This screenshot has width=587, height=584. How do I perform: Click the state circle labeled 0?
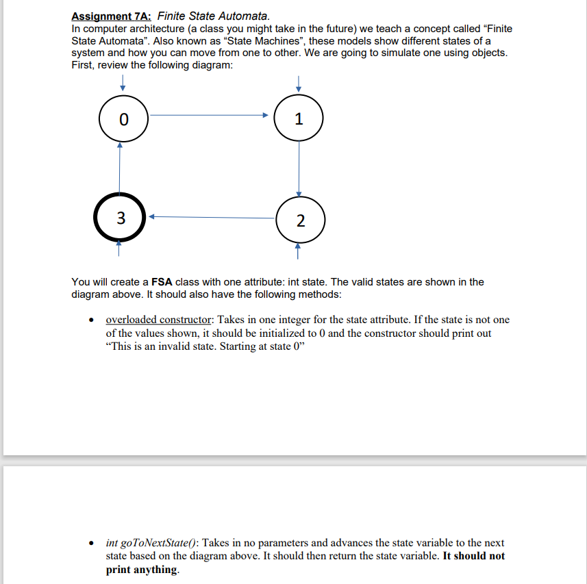click(123, 118)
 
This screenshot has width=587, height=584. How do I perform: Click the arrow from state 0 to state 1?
click(209, 116)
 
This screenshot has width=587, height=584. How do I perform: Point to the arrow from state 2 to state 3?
click(212, 218)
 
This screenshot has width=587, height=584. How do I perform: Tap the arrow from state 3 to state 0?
click(120, 168)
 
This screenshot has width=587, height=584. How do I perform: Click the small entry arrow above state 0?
click(122, 82)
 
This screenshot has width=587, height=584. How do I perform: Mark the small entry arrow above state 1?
click(298, 82)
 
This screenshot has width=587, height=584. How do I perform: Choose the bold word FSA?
click(162, 282)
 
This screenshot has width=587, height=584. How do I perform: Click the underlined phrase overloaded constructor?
click(158, 320)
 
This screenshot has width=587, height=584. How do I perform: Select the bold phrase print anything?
click(141, 570)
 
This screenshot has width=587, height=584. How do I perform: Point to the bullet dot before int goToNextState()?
click(91, 543)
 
